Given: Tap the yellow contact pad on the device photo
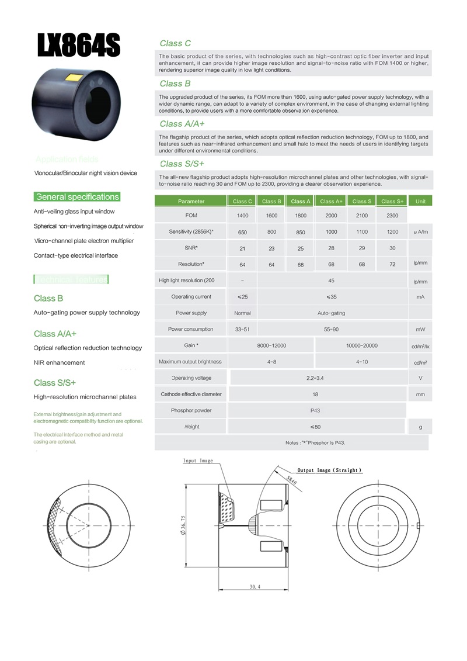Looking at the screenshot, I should [x=74, y=78].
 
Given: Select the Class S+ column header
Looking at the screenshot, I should [x=392, y=201].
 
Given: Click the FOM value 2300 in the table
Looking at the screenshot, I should [x=392, y=216].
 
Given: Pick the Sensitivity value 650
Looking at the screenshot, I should [x=242, y=232].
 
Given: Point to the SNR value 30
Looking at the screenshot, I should [x=392, y=248].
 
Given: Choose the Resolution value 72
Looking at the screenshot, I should [x=392, y=264].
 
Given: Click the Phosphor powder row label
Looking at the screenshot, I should [x=191, y=410].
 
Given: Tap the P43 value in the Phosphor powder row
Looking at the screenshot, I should [x=315, y=410].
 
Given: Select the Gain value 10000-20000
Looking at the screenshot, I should [x=362, y=345].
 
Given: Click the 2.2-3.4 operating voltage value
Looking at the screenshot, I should [x=315, y=378].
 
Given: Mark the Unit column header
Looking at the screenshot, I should [x=420, y=201].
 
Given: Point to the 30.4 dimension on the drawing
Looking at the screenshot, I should [x=255, y=586].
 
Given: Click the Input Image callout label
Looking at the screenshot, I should [x=198, y=461].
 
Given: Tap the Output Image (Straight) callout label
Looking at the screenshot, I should [x=329, y=470].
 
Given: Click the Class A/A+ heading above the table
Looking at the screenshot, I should [x=182, y=124].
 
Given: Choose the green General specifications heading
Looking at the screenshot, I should [x=77, y=197].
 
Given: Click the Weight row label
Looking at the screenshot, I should [x=191, y=427].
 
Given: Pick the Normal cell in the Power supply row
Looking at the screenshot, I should [x=242, y=313].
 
